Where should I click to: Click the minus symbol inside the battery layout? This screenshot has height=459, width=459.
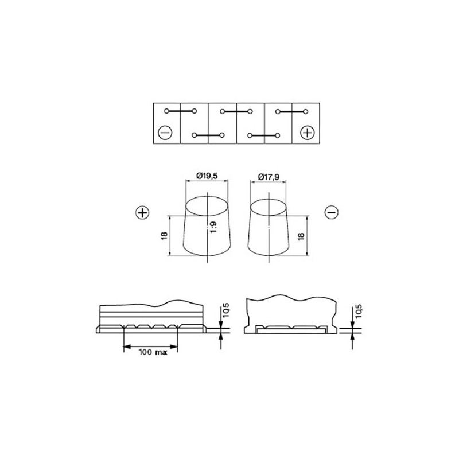165,133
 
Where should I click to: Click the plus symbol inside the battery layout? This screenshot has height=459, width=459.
308,133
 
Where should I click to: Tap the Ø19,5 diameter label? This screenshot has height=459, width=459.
207,176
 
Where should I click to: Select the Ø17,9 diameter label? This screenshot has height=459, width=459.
269,177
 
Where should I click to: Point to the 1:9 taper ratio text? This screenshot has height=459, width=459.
213,227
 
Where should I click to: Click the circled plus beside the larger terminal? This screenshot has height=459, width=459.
142,212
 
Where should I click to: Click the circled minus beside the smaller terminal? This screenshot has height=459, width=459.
332,212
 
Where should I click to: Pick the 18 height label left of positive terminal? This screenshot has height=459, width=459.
164,236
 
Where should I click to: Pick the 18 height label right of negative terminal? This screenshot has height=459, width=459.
301,236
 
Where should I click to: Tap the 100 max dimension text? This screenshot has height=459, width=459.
153,352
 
